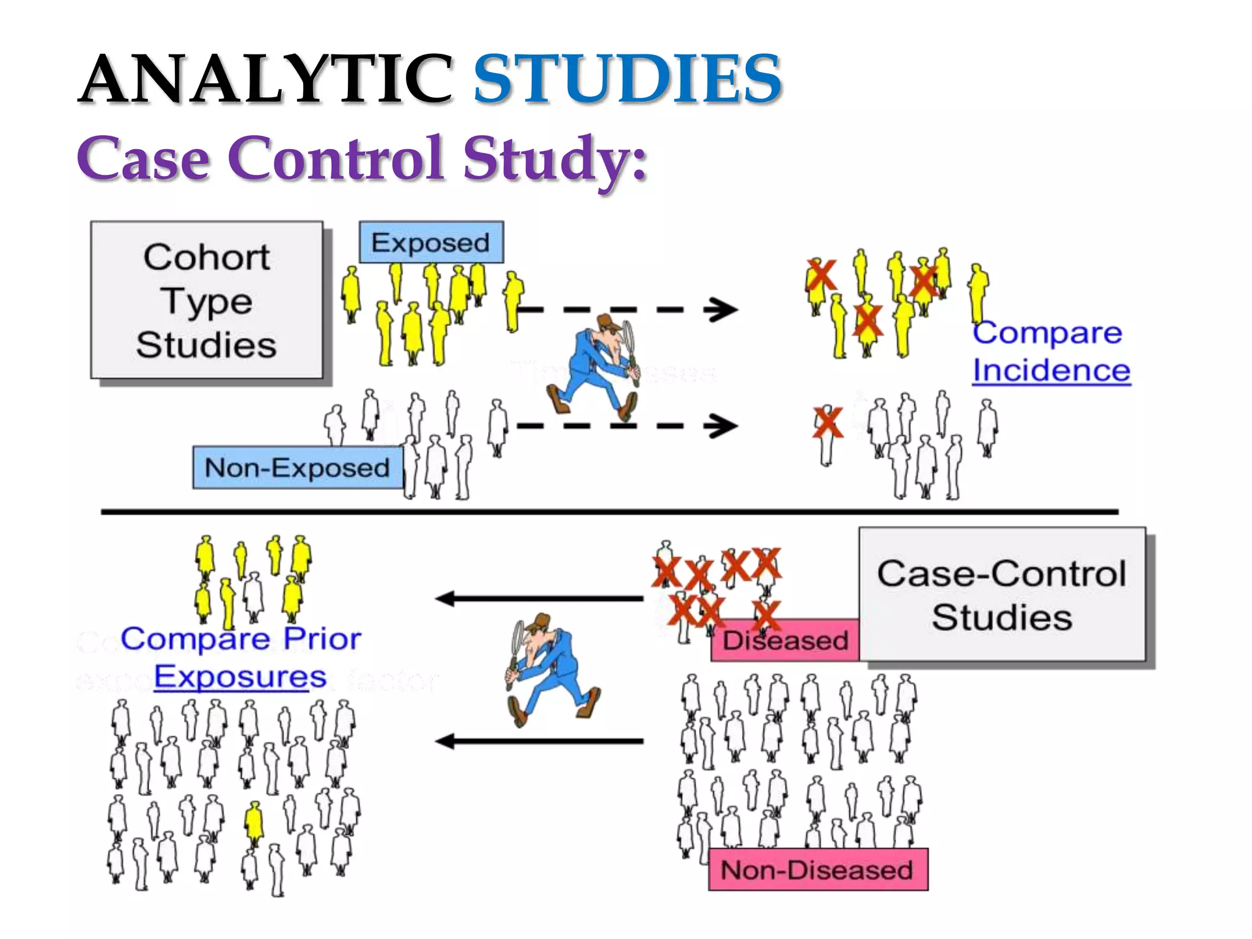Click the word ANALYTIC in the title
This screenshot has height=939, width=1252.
pos(265,79)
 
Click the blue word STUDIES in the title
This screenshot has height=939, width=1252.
pos(627,79)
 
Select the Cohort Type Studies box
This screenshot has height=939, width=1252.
pos(207,300)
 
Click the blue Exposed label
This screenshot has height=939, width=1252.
pos(431,243)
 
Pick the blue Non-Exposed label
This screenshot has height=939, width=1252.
pos(298,468)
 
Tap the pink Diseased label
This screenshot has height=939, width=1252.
pos(785,641)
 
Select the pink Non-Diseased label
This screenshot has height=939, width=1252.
pos(817,869)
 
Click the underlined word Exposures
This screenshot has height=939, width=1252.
pos(240,676)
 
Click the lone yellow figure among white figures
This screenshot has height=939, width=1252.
pos(254,822)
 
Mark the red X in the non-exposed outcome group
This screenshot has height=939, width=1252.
pos(828,423)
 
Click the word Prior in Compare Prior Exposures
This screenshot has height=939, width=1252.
pos(322,639)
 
